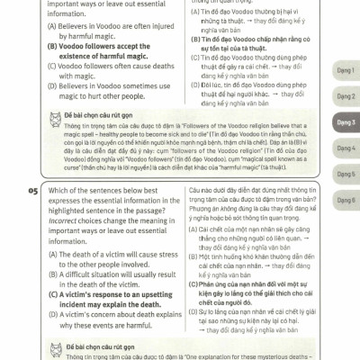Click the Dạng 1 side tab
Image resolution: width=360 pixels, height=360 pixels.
[x=346, y=68]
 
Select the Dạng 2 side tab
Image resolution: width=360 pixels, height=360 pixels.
[x=346, y=94]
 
